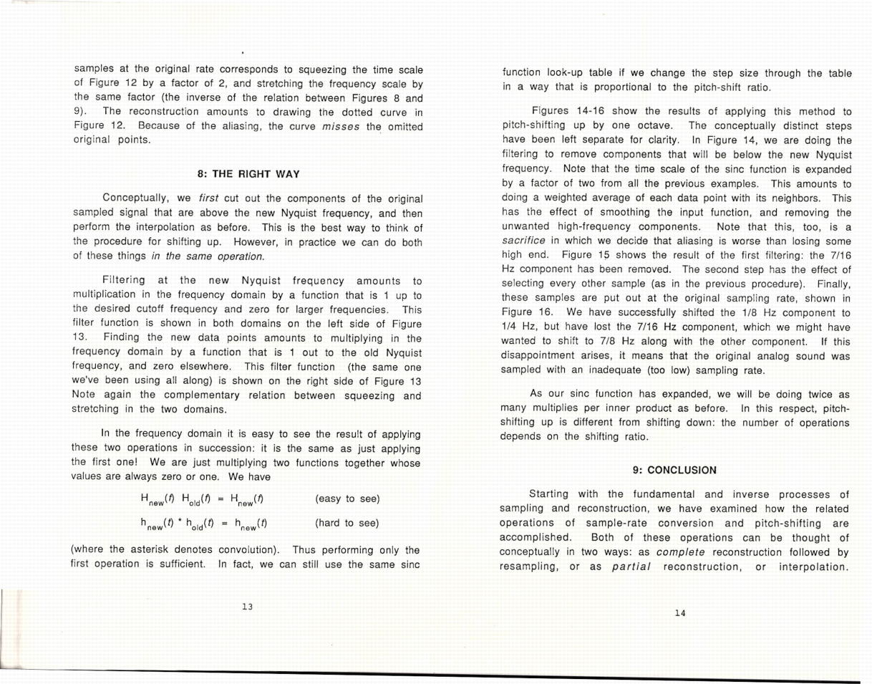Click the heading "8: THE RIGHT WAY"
point(248,174)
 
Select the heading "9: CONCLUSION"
point(674,471)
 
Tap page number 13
point(248,607)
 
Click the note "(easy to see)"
point(347,498)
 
